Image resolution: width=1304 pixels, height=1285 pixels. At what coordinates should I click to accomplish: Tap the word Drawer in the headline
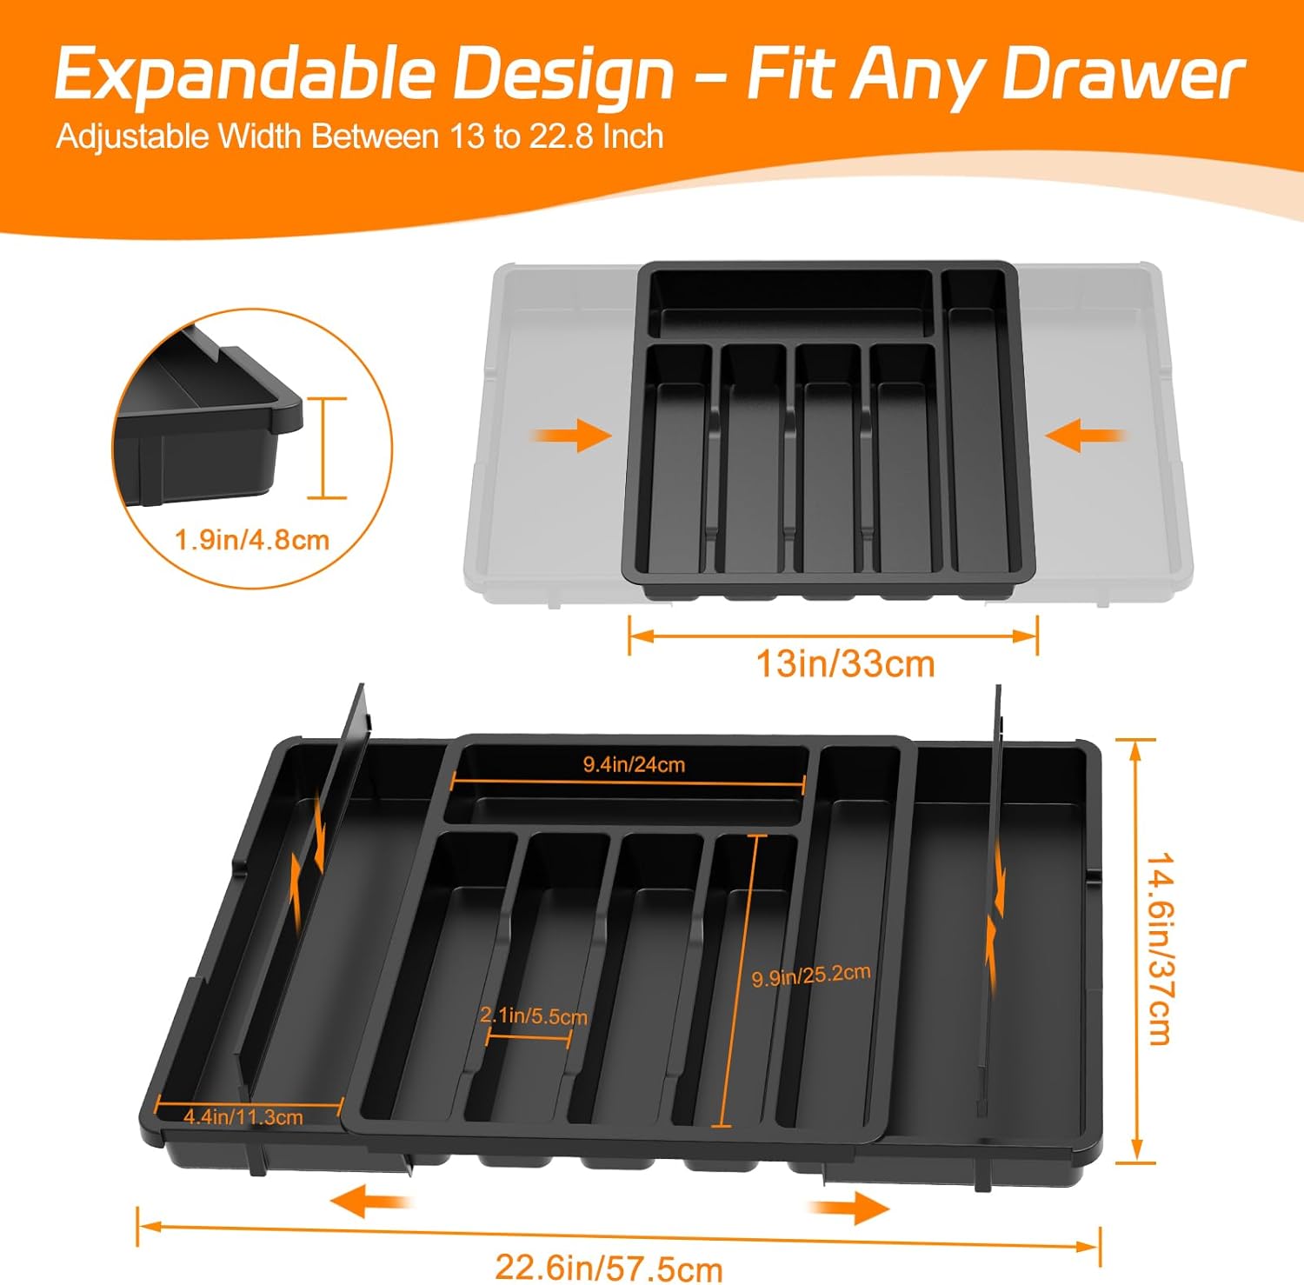click(1123, 75)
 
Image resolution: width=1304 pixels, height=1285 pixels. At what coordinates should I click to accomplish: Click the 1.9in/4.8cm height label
click(252, 539)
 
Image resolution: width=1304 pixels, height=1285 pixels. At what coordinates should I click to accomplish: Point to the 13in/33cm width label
click(845, 664)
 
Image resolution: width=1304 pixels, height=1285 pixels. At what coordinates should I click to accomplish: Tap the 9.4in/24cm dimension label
click(634, 764)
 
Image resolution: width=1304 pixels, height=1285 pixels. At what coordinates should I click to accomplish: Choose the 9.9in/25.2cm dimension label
click(811, 975)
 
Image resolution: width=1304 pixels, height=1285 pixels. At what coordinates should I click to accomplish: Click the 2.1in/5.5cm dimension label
click(534, 1015)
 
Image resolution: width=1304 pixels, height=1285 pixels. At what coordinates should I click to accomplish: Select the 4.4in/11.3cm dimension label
click(243, 1117)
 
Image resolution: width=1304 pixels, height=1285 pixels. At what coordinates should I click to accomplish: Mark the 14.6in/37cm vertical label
click(1161, 948)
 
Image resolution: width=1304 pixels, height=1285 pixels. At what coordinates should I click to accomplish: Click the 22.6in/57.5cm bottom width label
click(609, 1268)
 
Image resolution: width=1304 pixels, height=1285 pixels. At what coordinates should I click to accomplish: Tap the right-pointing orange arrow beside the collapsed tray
click(572, 436)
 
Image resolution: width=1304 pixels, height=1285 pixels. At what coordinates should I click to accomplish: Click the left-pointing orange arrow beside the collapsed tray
click(1087, 435)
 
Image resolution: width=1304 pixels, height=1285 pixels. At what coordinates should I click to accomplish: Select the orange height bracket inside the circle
click(326, 449)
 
